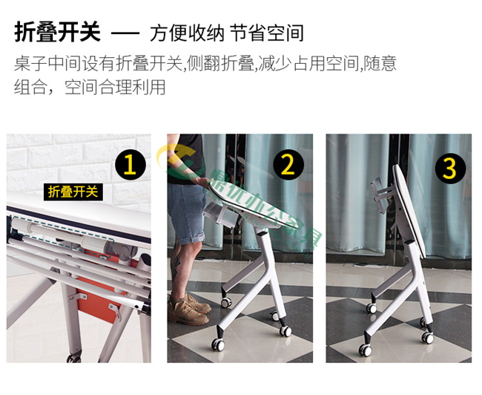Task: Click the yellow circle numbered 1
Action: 130,164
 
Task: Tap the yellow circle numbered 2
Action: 287,164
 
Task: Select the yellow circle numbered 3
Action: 449,168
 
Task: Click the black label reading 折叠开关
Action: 73,192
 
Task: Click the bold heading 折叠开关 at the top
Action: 57,33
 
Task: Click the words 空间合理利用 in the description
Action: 115,87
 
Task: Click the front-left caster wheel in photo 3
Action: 366,349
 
